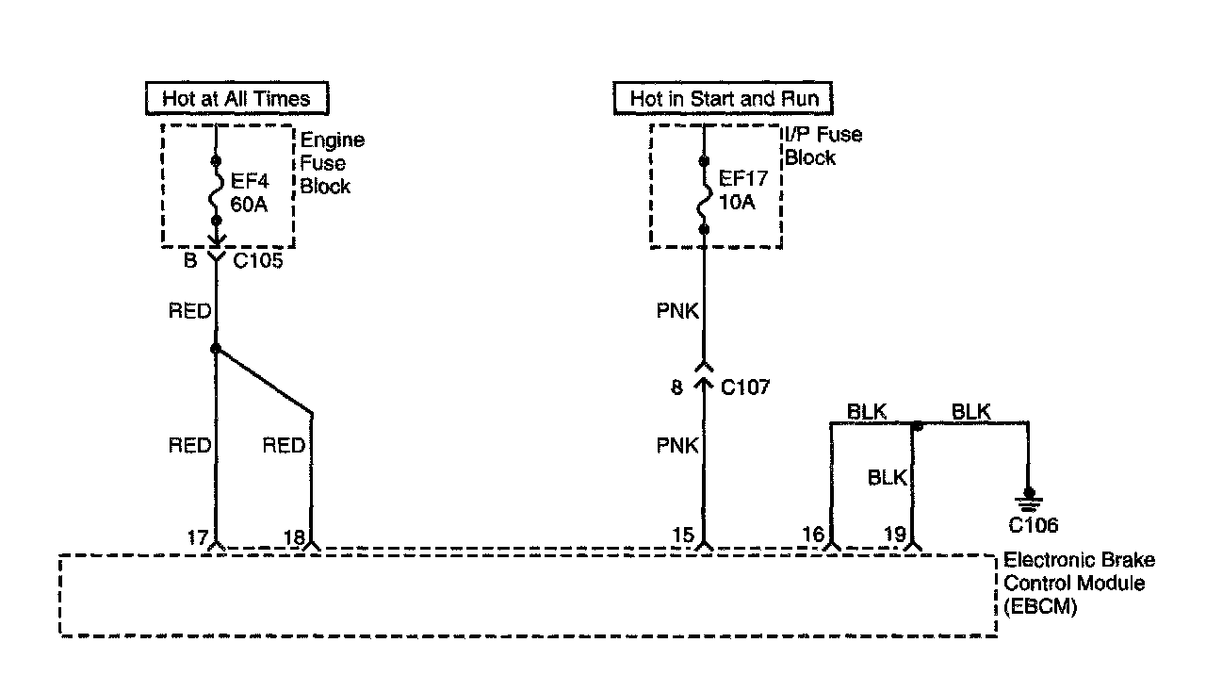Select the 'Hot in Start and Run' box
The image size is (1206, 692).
pyautogui.click(x=724, y=98)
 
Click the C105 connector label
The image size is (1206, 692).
pyautogui.click(x=258, y=261)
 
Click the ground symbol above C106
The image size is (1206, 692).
pyautogui.click(x=1029, y=498)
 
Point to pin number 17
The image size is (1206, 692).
pyautogui.click(x=197, y=538)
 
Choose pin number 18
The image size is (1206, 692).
pyautogui.click(x=293, y=538)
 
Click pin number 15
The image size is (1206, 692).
pyautogui.click(x=684, y=538)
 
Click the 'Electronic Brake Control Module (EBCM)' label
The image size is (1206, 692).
pyautogui.click(x=1079, y=584)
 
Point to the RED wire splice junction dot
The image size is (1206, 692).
pyautogui.click(x=216, y=349)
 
